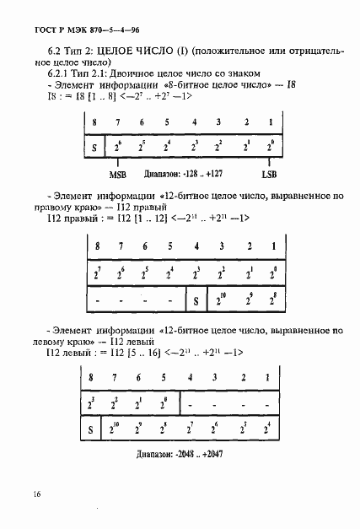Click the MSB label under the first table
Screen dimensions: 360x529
tap(118, 174)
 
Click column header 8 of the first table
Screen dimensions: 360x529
tap(94, 121)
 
